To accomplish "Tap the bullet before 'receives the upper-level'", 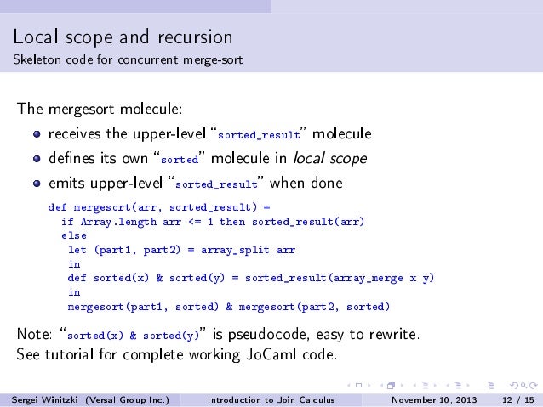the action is [37, 134].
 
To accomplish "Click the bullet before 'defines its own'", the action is [37, 159].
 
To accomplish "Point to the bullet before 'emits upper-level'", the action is [37, 184].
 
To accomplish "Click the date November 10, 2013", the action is [433, 399].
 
